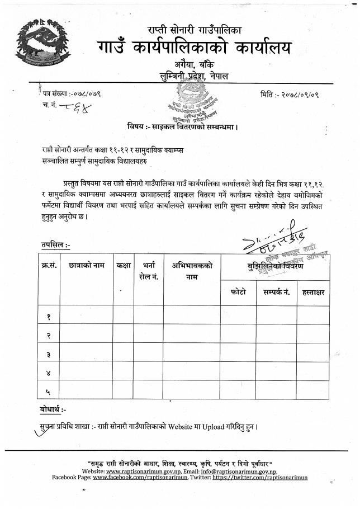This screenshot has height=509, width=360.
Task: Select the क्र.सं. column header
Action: click(x=49, y=266)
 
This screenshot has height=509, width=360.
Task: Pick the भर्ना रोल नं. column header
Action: click(x=149, y=271)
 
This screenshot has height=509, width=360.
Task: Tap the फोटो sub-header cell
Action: click(x=238, y=293)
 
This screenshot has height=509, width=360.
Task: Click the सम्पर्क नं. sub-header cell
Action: click(x=276, y=293)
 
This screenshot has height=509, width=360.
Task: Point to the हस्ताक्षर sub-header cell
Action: click(x=312, y=293)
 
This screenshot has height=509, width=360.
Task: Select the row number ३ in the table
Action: click(x=49, y=354)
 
